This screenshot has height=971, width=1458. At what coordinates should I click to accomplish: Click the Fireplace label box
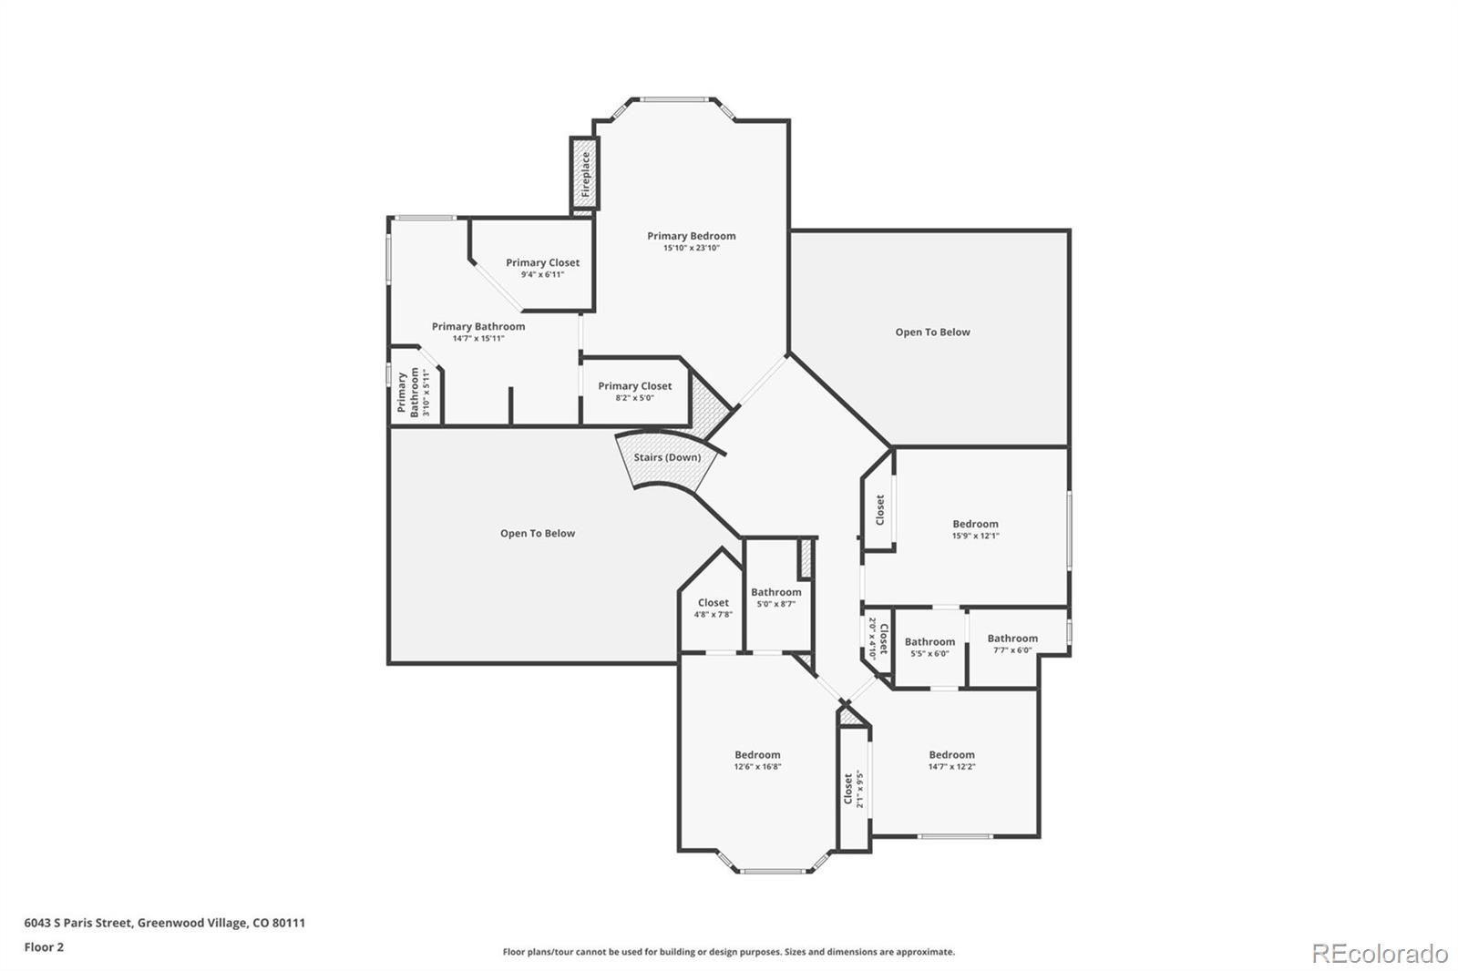584,175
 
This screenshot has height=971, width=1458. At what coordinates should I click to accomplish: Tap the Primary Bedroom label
691,236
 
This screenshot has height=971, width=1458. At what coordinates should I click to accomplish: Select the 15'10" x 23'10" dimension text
691,248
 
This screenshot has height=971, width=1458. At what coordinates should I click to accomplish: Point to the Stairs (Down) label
667,457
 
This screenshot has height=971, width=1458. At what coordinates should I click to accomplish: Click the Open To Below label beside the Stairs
537,534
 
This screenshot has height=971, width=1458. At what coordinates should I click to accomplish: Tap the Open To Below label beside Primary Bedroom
932,332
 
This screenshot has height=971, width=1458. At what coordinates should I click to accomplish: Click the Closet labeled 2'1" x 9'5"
852,789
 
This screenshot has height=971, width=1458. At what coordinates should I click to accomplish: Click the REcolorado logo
1379,954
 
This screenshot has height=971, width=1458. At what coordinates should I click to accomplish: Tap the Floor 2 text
44,947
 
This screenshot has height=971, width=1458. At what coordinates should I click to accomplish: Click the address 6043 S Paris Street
164,923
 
